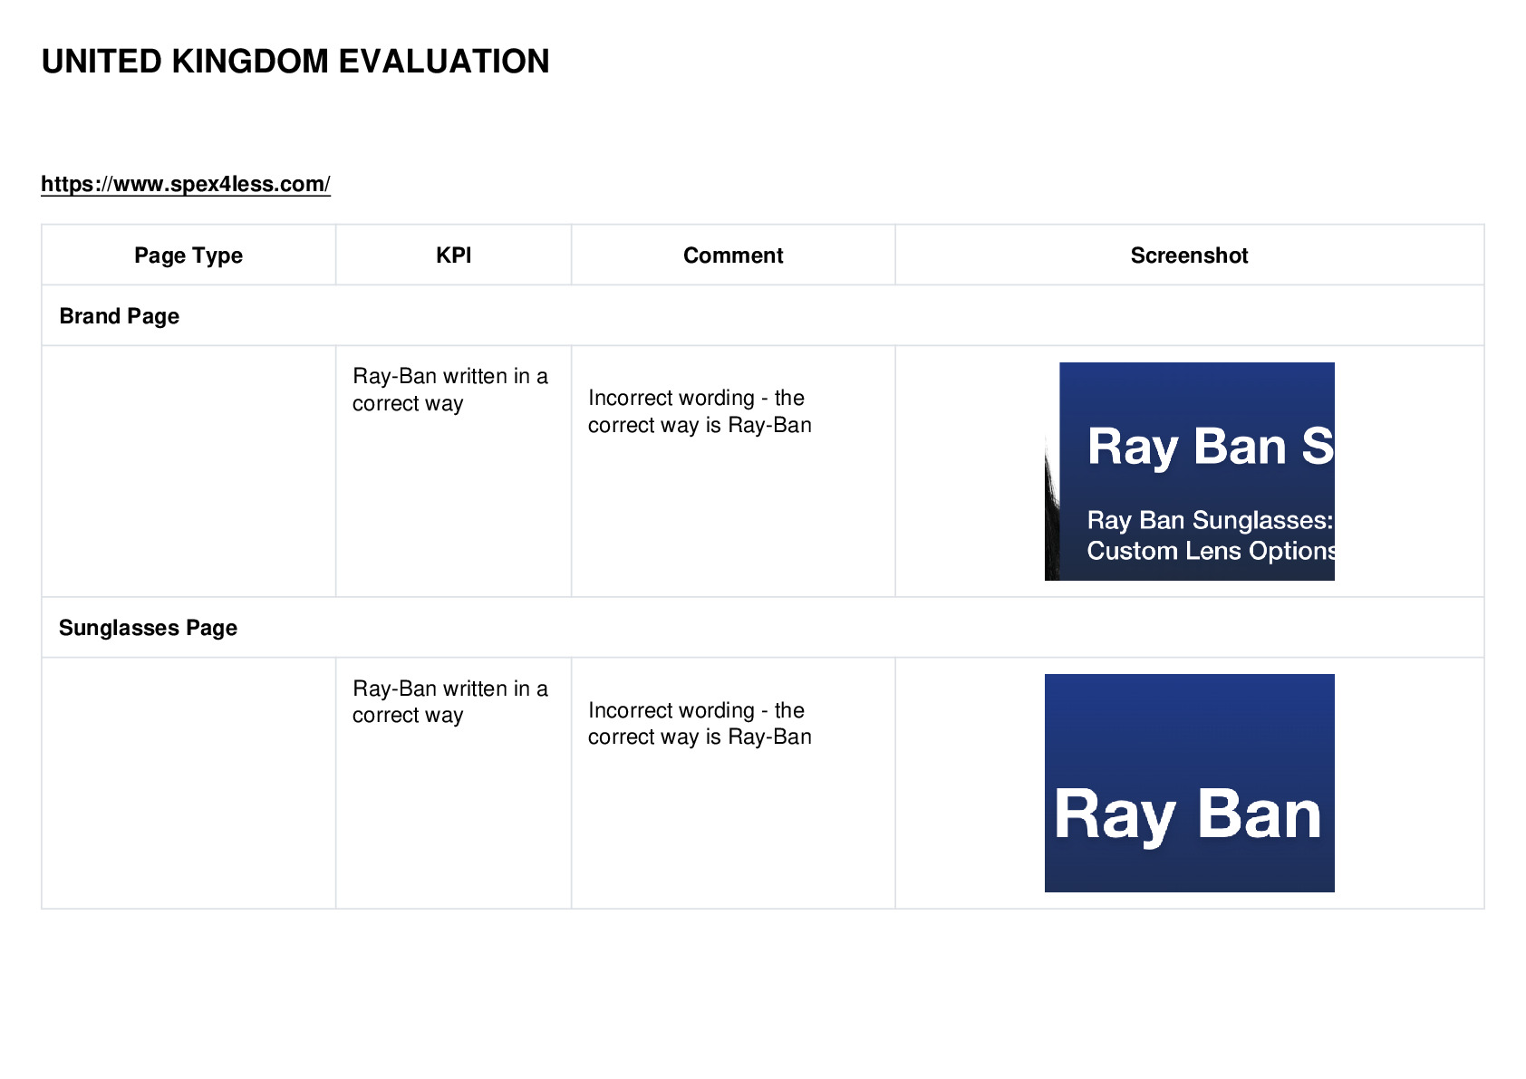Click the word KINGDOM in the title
point(250,62)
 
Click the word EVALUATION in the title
point(443,62)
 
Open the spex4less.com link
point(185,184)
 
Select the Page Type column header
point(188,255)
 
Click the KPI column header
point(453,255)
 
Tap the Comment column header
point(733,255)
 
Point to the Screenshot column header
point(1189,255)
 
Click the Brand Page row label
point(120,316)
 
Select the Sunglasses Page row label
point(148,627)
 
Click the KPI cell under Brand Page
point(449,390)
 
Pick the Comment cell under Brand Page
point(700,411)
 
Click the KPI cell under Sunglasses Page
point(449,701)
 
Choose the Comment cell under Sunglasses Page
point(700,723)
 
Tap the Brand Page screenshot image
point(1190,471)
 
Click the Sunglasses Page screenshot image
point(1190,783)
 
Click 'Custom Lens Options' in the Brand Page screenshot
point(1211,551)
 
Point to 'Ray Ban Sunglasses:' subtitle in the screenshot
point(1210,520)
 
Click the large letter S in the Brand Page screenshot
point(1318,446)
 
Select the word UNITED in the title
point(102,62)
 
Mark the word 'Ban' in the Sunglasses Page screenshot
point(1259,814)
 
